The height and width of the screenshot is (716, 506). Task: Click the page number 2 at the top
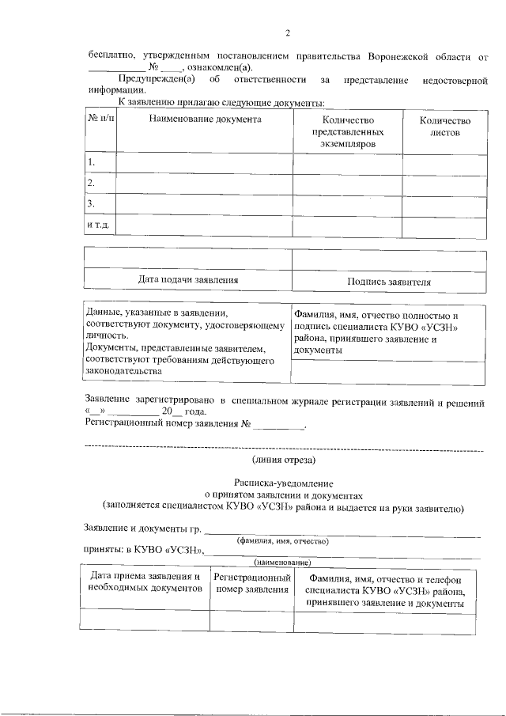288,32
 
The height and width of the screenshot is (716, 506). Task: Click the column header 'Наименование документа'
205,120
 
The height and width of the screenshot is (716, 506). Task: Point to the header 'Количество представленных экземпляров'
347,132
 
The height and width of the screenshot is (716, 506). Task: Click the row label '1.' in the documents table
92,163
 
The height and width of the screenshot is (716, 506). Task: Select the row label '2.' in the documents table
92,184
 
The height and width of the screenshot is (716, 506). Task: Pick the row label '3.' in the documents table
92,204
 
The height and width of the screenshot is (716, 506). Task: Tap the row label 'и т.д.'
97,225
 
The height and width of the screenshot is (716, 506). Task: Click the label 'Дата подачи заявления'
188,280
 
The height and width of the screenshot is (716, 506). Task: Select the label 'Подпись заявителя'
388,282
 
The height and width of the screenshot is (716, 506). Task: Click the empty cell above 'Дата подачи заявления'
188,259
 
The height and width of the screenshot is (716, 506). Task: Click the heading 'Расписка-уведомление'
284,482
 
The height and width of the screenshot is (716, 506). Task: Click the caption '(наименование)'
281,563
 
